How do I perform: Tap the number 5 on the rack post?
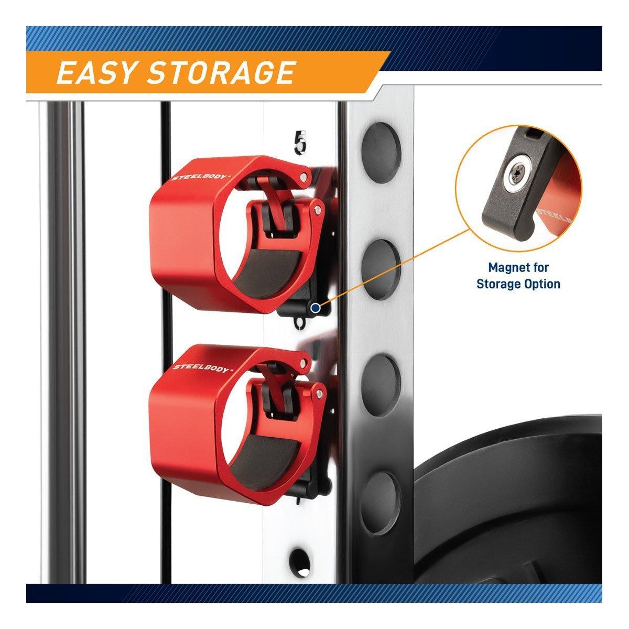[300, 142]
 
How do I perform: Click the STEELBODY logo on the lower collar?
[200, 368]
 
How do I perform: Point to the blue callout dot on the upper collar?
[316, 307]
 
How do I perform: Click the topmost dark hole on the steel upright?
[381, 148]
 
